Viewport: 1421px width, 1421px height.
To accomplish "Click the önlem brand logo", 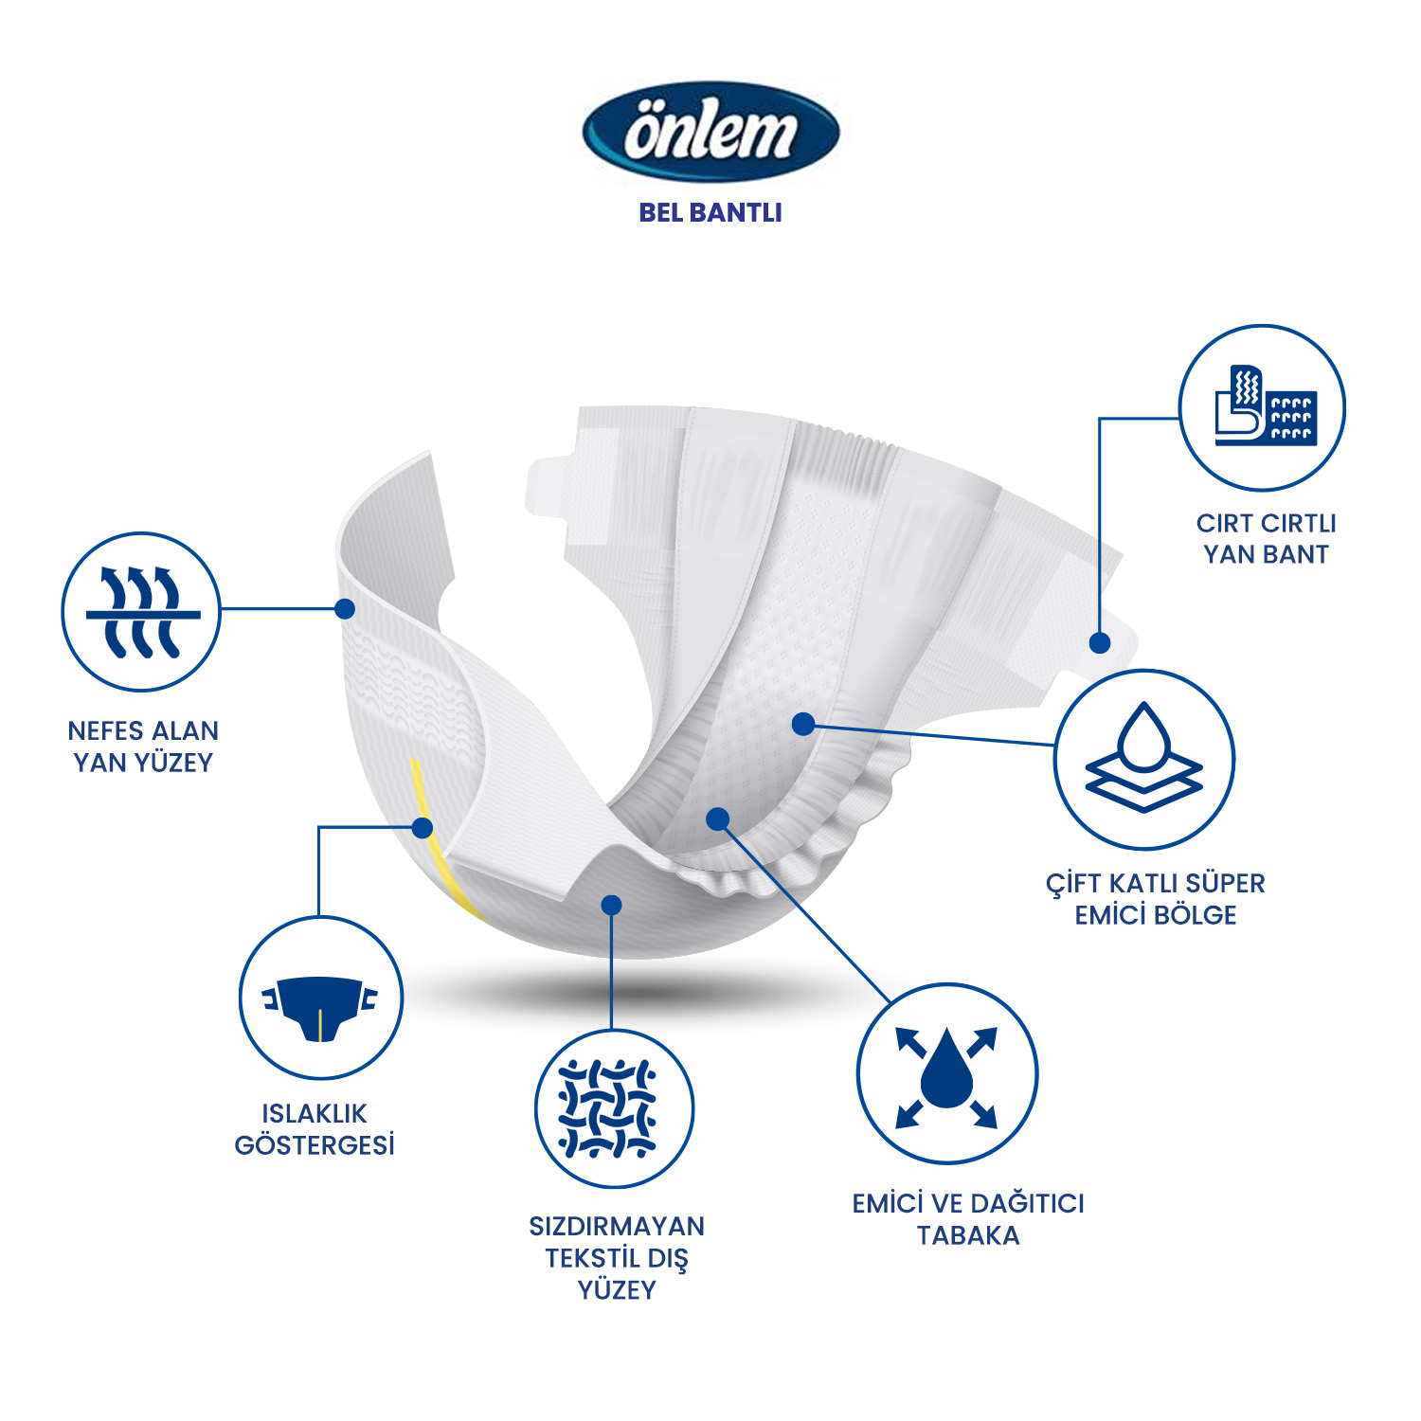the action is coord(710,131).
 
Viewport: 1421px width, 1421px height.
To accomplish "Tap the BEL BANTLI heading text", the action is coord(710,212).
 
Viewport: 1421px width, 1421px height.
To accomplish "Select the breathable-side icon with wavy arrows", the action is coord(141,611).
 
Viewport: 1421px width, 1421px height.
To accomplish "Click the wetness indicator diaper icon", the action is coord(320,998).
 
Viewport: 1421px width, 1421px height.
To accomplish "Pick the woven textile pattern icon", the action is coord(614,1108).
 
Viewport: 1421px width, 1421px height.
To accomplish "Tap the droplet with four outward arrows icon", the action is coord(946,1073).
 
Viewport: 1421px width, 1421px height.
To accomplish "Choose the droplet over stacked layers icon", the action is coord(1144,759).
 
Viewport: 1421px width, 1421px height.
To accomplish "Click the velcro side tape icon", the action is coord(1262,407).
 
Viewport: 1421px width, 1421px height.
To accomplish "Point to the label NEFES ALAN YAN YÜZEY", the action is coord(143,746).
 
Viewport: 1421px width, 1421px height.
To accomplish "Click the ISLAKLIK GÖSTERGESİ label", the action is coord(315,1129).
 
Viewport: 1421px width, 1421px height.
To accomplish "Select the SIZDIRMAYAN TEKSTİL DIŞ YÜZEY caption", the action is coord(617,1258).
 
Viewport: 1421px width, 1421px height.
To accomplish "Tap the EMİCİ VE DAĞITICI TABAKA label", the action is coord(968,1219).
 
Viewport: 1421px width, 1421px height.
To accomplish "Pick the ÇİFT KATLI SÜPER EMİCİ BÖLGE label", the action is coord(1156,899).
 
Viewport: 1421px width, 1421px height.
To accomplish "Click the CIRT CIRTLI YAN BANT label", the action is coord(1266,538).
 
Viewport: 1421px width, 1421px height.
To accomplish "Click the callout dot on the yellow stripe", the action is coord(423,828).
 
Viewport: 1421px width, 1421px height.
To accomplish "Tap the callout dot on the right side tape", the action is coord(1100,643).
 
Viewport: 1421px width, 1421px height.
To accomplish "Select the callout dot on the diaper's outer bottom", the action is coord(612,905).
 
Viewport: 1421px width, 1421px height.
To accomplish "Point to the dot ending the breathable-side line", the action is coord(346,609).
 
